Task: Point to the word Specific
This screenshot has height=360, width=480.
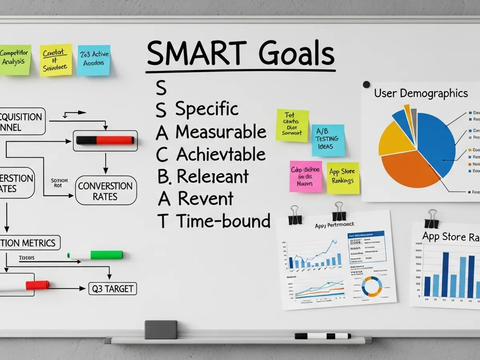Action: pyautogui.click(x=207, y=109)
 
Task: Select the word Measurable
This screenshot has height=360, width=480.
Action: pyautogui.click(x=221, y=132)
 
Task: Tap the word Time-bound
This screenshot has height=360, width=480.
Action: pyautogui.click(x=223, y=221)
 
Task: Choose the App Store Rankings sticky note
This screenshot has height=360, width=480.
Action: pyautogui.click(x=343, y=178)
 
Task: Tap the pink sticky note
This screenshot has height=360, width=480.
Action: pyautogui.click(x=306, y=176)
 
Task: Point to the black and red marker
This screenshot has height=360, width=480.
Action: pyautogui.click(x=105, y=140)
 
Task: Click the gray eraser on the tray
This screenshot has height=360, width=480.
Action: pyautogui.click(x=161, y=330)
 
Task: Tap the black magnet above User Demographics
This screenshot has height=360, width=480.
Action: pyautogui.click(x=366, y=84)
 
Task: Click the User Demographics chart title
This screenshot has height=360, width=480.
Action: pyautogui.click(x=421, y=94)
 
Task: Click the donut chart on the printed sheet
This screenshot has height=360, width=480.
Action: pyautogui.click(x=371, y=286)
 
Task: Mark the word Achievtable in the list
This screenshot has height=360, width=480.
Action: pyautogui.click(x=221, y=154)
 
